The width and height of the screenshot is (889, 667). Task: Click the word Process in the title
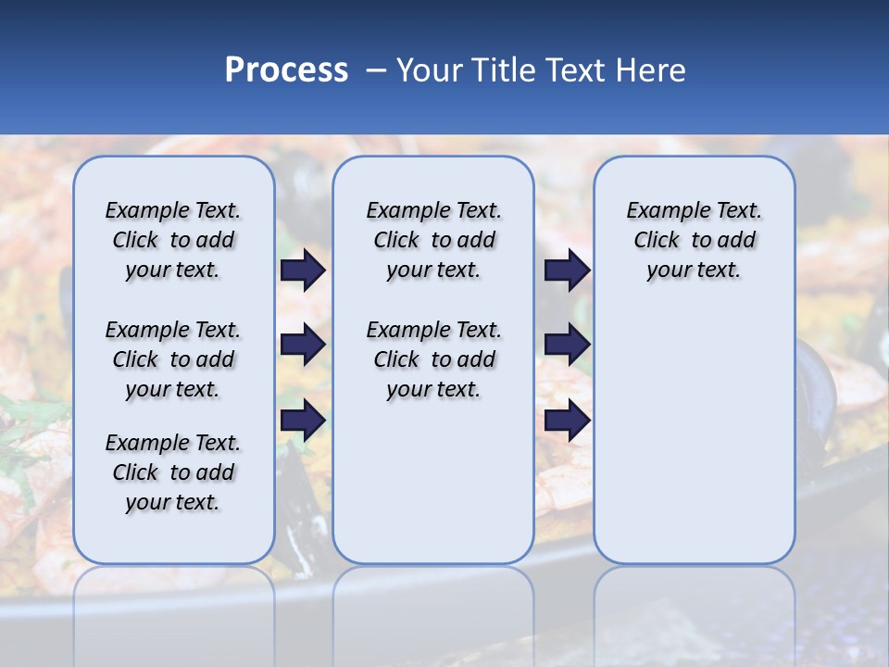coord(286,70)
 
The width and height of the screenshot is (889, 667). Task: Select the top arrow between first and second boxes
coord(303,270)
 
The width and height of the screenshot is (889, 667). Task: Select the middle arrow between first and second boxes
coord(303,345)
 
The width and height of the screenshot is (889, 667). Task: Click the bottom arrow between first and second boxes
coord(303,420)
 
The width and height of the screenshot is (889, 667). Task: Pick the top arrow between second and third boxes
coord(567,270)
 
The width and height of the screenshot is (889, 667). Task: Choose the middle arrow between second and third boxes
coord(567,345)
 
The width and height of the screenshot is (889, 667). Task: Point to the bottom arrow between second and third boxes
coord(567,420)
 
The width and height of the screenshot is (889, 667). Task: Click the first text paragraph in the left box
coord(173,240)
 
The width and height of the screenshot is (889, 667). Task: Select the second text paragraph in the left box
coord(173,359)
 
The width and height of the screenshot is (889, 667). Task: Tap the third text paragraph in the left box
coord(173,472)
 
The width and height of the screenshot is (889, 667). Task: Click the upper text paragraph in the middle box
coord(433,240)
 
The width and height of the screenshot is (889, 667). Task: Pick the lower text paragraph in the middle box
coord(433,359)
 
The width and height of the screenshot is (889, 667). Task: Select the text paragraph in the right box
coord(694,240)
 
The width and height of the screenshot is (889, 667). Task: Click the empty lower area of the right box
coord(694,435)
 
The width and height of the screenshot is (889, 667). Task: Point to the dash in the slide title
coord(376,70)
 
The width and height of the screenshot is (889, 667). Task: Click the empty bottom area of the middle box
coord(433,491)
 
